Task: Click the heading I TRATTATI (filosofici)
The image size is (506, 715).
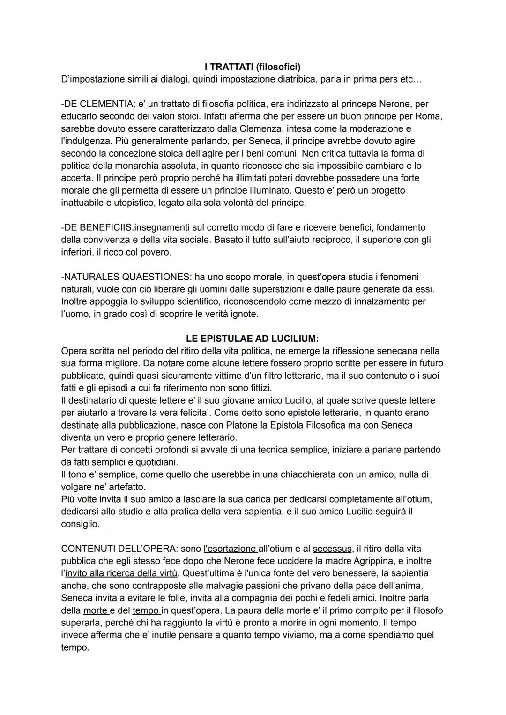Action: click(x=253, y=67)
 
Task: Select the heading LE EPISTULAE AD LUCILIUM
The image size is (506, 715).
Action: click(x=253, y=339)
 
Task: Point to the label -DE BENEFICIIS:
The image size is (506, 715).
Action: click(x=97, y=227)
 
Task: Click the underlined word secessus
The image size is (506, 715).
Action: click(x=332, y=549)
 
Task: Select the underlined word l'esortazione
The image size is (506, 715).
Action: click(x=230, y=549)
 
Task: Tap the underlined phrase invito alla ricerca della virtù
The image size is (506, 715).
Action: click(x=121, y=573)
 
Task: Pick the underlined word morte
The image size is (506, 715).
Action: click(x=95, y=610)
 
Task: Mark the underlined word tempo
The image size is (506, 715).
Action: click(x=146, y=610)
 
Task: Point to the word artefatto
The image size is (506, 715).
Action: click(x=126, y=487)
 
